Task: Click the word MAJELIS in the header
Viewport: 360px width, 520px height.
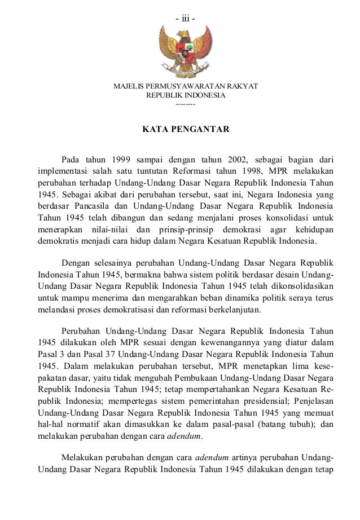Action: [128, 87]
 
